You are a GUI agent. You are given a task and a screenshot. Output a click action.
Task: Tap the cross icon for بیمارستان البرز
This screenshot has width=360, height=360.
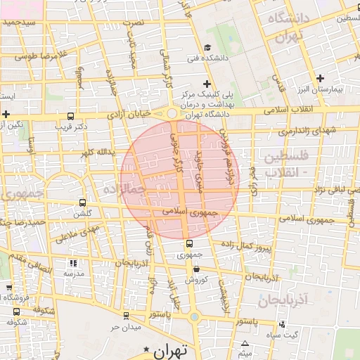click(x=321, y=78)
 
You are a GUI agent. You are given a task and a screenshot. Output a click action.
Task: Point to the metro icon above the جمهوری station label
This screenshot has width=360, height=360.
click(x=188, y=243)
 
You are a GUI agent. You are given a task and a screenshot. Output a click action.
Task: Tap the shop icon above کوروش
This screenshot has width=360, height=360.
click(x=195, y=269)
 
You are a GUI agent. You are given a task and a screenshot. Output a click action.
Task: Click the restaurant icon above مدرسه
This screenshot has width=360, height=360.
click(x=73, y=263)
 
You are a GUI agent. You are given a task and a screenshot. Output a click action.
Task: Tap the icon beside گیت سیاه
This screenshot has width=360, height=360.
click(x=281, y=324)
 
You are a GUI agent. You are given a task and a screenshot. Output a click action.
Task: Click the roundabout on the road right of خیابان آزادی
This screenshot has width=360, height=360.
click(x=173, y=113)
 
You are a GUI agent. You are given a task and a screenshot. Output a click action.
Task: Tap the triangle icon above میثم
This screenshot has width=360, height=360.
click(x=245, y=345)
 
